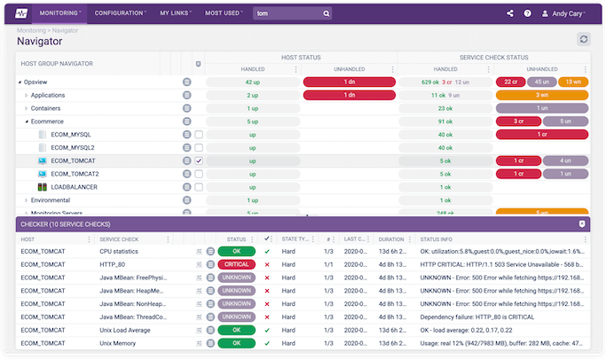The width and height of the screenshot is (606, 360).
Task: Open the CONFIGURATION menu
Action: (x=121, y=13)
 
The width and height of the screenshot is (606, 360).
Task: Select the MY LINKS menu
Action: (x=177, y=13)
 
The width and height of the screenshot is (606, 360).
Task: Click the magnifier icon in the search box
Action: (x=327, y=13)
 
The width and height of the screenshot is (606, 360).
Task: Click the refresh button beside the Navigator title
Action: (x=583, y=39)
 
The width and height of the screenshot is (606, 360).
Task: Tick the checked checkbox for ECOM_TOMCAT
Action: (x=199, y=160)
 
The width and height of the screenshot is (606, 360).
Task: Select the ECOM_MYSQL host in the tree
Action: (x=71, y=135)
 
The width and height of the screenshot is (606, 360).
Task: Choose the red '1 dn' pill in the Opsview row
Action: (x=349, y=82)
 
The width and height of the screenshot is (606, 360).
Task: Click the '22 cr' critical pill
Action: (x=510, y=82)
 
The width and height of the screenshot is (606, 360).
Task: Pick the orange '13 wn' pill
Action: (x=572, y=82)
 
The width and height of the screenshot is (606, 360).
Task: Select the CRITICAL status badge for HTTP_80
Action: (x=236, y=264)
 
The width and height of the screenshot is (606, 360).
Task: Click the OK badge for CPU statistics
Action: (x=236, y=251)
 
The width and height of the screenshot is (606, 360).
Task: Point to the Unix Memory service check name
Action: (x=119, y=342)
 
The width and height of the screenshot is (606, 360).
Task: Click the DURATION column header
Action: (x=392, y=239)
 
